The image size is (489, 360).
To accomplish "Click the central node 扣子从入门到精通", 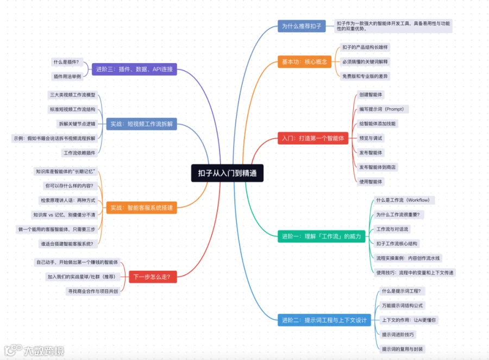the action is point(227,173).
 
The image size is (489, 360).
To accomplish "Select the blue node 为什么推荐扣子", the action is point(302,26).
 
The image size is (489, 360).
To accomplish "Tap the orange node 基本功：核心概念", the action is point(304,62).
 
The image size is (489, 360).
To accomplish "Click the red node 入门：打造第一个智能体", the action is point(312,138).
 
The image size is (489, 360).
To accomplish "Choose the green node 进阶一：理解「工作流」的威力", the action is point(321,236).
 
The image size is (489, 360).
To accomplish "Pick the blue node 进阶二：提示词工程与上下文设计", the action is point(324,320).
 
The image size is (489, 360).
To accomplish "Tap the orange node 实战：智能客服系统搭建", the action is point(141,207).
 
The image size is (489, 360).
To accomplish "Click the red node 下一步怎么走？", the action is point(152,277).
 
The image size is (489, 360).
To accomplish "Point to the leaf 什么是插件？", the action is point(66,62).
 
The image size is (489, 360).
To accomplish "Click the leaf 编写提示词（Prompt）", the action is point(381,109).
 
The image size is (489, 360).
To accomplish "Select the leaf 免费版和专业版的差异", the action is point(365,76).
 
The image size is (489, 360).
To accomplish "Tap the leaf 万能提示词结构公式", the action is point(402,306).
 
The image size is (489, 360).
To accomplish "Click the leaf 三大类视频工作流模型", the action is point(72,95).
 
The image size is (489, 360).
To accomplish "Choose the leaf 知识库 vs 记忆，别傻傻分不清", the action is point(64,214).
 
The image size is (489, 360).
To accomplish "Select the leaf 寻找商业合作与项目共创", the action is point(92,291).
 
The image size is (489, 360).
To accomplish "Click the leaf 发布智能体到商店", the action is point(377,167).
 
